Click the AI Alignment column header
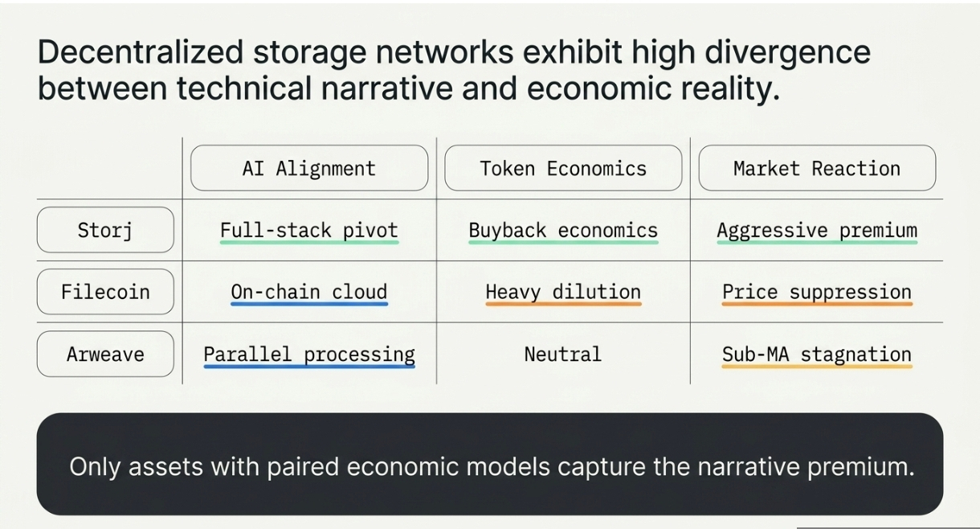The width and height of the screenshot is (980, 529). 309,168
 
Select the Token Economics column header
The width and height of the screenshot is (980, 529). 563,168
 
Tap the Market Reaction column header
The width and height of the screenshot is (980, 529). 817,168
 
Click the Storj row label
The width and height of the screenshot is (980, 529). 105,230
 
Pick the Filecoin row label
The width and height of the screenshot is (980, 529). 105,292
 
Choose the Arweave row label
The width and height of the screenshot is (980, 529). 105,354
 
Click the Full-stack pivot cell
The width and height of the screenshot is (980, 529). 309,231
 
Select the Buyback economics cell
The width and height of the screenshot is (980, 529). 563,231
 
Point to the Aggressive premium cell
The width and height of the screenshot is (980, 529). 817,231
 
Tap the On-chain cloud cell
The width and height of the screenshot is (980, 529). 309,293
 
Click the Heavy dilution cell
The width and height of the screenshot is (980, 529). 563,293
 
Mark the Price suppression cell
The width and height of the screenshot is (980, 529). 817,293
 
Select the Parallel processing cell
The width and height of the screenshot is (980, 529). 309,355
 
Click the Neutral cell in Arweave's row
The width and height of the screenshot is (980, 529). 563,355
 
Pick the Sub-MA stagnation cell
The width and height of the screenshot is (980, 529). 817,355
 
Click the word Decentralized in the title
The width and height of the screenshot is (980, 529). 140,51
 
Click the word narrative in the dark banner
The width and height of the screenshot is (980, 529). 749,466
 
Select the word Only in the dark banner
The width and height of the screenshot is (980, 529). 95,467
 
